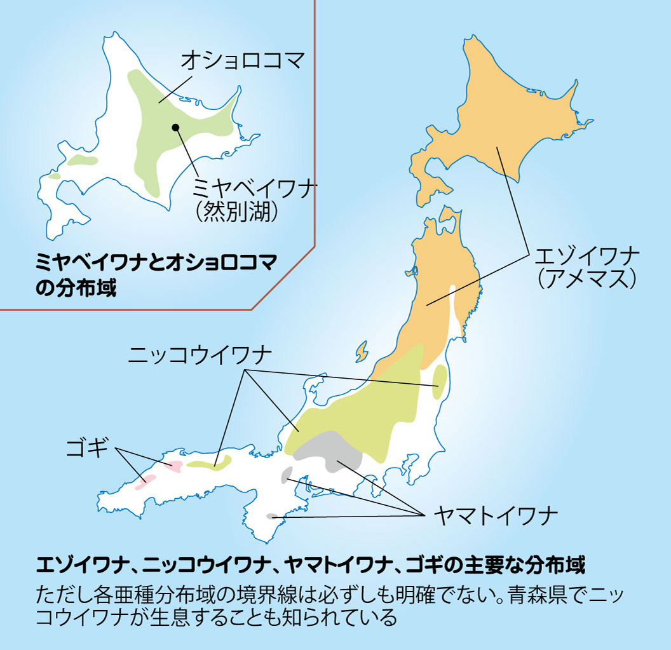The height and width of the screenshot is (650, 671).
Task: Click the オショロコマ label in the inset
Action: click(x=243, y=61)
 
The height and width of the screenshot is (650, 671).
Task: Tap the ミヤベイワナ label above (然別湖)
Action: click(x=255, y=188)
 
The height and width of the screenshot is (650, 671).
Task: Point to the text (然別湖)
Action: click(x=238, y=212)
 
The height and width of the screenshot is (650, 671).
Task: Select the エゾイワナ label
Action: click(x=588, y=257)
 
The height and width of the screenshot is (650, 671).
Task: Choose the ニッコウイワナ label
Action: click(x=200, y=354)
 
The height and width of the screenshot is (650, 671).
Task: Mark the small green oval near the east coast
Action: click(x=438, y=383)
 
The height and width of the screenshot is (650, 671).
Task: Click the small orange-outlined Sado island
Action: click(x=362, y=350)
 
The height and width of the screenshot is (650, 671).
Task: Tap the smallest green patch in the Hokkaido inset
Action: click(x=55, y=176)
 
